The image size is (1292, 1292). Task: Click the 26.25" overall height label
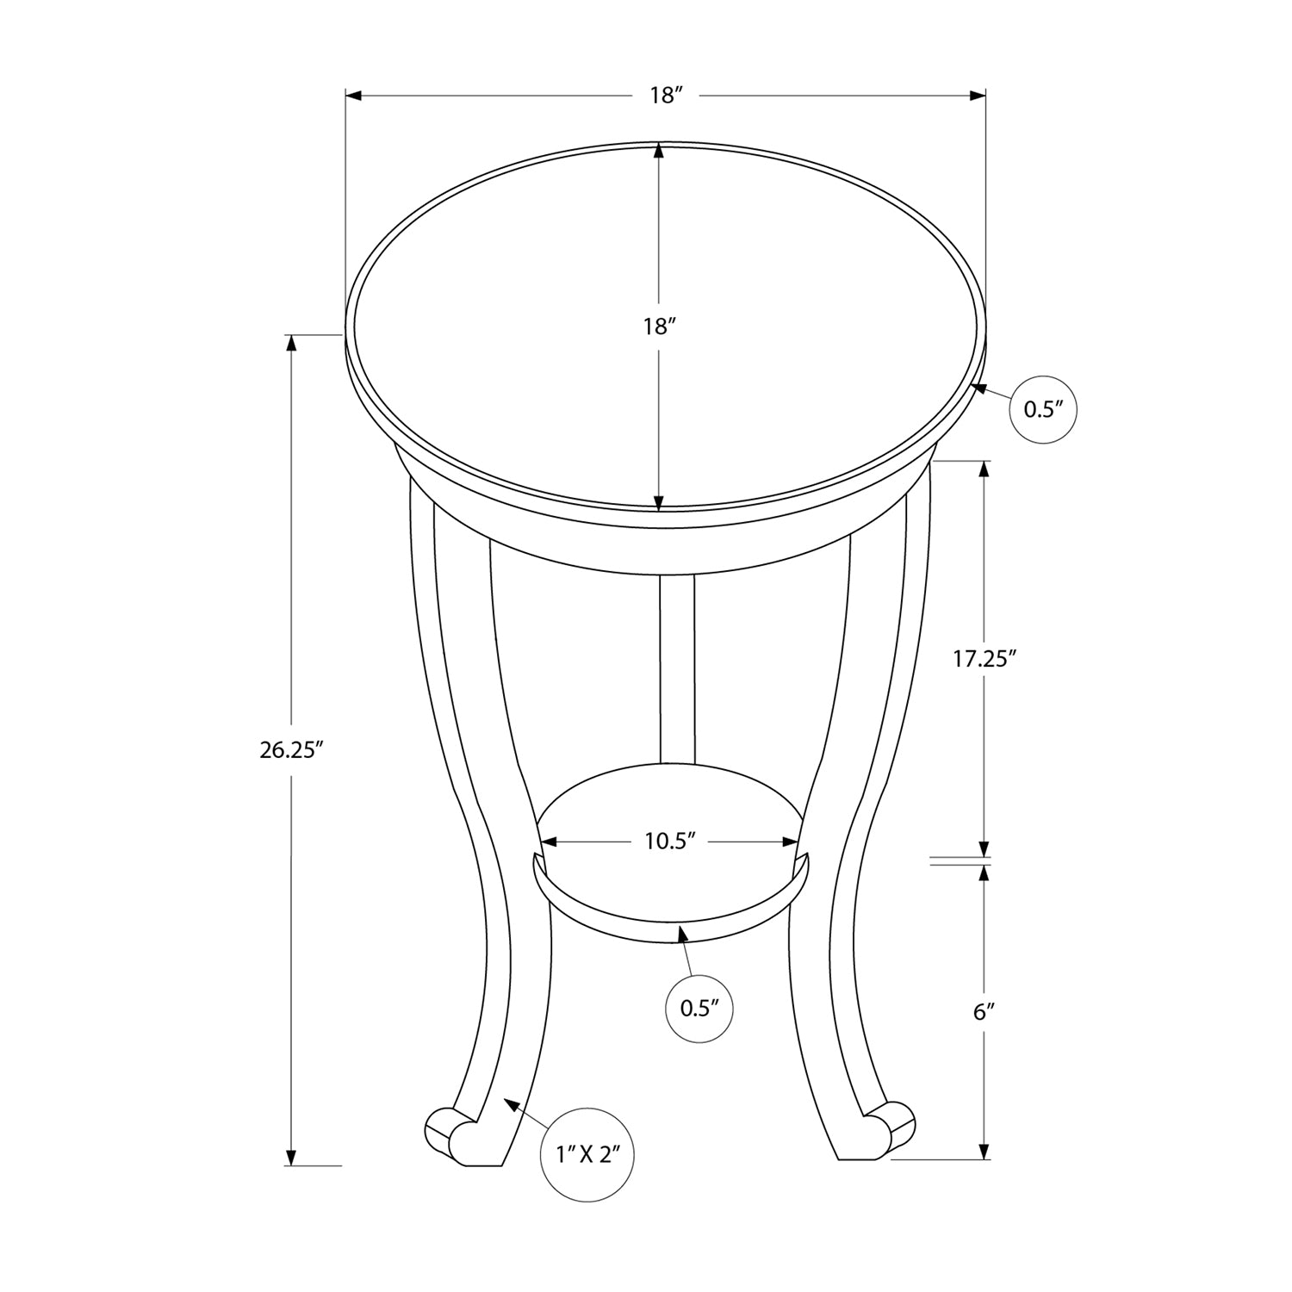(x=291, y=749)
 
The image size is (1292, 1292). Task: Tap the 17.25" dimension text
(x=985, y=659)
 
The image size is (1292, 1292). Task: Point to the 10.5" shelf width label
(x=670, y=842)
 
